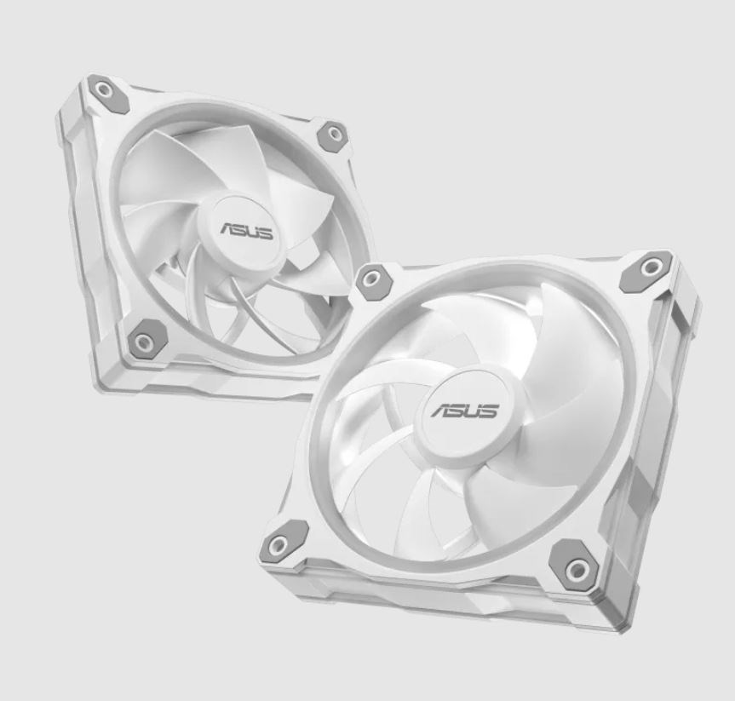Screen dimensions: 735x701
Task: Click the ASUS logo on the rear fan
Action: coord(247,231)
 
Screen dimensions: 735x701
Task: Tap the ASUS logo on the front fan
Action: coord(465,411)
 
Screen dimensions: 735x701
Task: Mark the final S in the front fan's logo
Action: coord(490,411)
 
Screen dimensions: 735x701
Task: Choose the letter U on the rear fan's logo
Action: coord(255,233)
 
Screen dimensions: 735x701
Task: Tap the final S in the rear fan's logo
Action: coord(267,234)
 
